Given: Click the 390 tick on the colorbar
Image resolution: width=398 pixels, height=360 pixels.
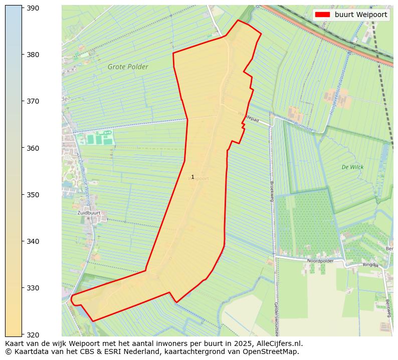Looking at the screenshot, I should tap(33, 8).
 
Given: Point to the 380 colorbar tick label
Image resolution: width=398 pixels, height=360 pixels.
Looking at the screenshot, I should tap(33, 55).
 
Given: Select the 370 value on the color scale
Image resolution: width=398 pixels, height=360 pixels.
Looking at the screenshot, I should tap(33, 101).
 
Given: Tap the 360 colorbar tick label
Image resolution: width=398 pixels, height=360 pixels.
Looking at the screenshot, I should tap(33, 148).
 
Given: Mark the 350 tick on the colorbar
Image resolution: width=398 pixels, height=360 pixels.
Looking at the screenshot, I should tap(33, 195).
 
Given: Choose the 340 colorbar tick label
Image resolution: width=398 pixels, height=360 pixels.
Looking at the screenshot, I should tap(33, 241).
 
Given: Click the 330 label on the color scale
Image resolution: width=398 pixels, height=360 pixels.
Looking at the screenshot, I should tap(33, 288).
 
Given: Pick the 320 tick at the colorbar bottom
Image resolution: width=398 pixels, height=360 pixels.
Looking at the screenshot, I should tap(33, 334).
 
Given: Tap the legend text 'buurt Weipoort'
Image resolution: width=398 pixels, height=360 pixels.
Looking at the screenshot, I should tap(361, 15).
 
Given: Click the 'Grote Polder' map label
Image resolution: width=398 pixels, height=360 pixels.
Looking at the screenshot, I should tap(128, 67).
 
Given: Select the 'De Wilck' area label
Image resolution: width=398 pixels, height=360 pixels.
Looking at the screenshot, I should tap(352, 167).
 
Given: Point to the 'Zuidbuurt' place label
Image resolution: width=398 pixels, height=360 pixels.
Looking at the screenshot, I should tap(89, 213).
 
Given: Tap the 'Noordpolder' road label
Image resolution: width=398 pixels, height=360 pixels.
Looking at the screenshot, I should tap(320, 261).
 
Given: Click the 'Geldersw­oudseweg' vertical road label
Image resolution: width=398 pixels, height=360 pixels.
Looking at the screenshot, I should tap(276, 318).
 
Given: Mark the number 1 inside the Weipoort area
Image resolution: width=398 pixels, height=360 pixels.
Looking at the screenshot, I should tap(192, 177).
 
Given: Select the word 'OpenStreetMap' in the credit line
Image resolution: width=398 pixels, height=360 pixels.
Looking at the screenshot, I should tap(273, 351).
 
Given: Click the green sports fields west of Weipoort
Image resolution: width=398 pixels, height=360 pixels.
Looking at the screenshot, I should tap(98, 138).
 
